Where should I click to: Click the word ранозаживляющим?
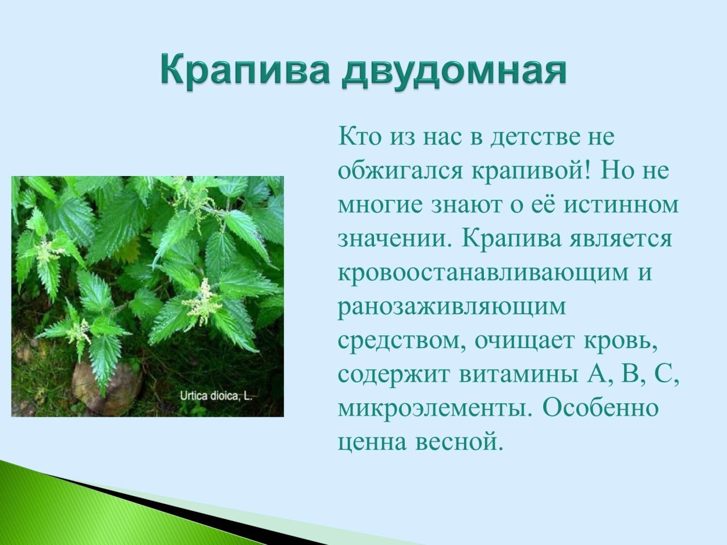(451, 306)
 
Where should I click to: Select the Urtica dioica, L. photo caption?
(216, 397)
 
